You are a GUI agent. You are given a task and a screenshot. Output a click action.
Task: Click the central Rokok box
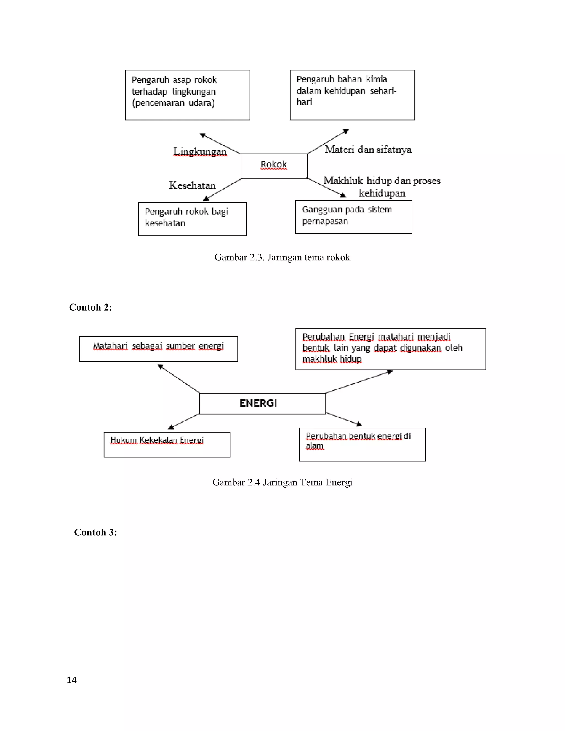coord(274,166)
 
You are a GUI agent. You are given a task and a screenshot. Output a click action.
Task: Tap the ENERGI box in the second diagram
coord(262,403)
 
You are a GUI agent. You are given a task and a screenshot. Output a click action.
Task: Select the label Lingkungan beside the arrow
coord(200,152)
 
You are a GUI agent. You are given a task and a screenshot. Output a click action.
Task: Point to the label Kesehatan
coord(192,185)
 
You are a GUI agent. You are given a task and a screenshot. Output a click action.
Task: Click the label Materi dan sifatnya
coord(368,149)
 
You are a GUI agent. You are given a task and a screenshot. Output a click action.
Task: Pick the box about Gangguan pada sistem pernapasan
coord(353,217)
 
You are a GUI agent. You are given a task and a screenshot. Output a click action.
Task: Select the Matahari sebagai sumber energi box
coord(158,348)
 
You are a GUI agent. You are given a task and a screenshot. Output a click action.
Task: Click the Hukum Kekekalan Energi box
coord(167,444)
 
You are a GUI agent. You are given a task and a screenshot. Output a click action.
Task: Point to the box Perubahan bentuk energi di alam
coord(362,444)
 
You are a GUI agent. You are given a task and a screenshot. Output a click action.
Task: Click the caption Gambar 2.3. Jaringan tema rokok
coord(282,257)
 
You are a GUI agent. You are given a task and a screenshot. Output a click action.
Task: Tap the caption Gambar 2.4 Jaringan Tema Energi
coord(282,482)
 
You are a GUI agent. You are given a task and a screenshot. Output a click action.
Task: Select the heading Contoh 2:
coord(90,307)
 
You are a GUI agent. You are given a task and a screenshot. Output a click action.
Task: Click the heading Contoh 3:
coord(95,532)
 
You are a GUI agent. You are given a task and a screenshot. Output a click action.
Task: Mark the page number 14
coord(72,680)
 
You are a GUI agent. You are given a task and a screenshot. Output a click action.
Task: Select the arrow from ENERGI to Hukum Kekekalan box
coord(184,421)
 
